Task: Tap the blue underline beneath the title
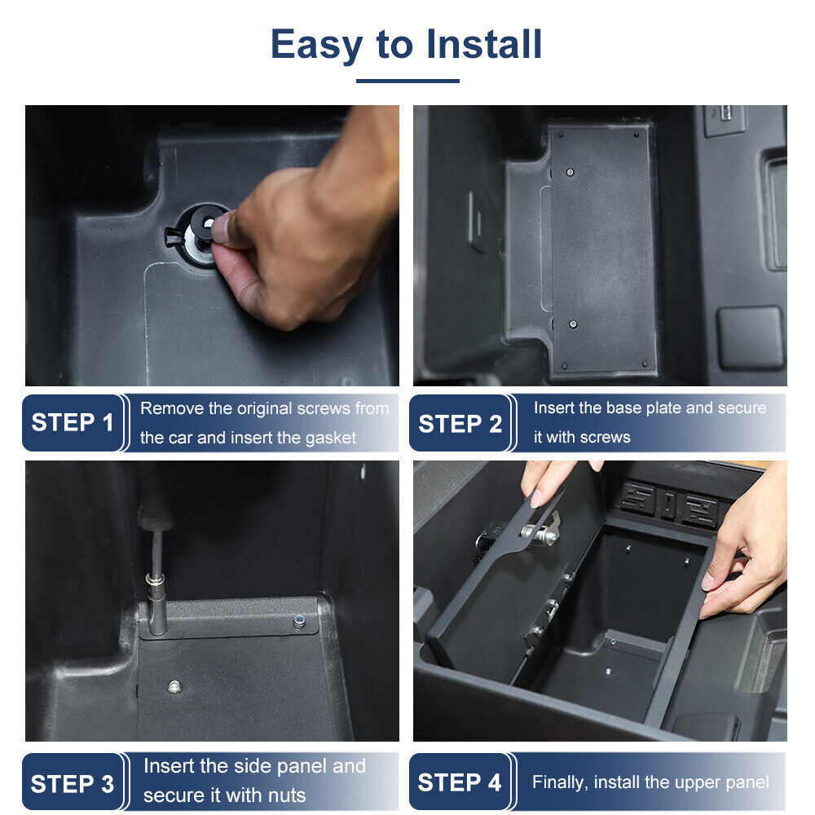click(407, 81)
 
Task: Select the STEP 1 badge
click(73, 423)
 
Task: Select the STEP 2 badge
click(460, 424)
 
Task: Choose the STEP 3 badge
click(73, 783)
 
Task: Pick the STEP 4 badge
click(460, 783)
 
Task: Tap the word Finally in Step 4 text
click(560, 783)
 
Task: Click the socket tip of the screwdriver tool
click(153, 584)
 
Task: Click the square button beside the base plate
click(750, 337)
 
